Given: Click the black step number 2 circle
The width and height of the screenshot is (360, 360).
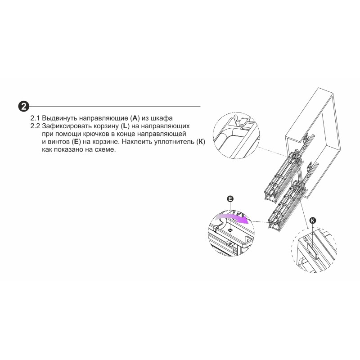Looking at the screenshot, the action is click(24, 107).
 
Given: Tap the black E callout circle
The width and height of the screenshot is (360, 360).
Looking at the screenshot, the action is click(230, 199).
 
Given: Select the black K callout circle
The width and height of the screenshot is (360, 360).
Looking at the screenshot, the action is click(313, 220).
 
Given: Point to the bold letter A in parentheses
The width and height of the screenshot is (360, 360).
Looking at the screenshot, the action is click(135, 118).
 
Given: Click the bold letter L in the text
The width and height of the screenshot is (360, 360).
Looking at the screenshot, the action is click(125, 126).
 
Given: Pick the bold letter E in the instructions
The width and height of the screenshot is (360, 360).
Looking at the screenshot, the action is click(76, 142).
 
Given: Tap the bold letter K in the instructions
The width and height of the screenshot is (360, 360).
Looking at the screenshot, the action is click(201, 142).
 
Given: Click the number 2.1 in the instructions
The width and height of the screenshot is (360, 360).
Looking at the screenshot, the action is click(35, 118).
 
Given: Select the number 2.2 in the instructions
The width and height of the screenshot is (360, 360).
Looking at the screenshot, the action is click(35, 126).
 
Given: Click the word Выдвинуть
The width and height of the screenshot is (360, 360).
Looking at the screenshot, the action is click(59, 118).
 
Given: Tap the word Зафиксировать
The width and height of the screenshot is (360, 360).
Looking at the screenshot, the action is click(67, 126).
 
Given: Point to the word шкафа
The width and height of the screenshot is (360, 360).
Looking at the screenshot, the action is click(162, 118).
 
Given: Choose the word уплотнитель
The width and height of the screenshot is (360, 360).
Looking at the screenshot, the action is click(174, 142).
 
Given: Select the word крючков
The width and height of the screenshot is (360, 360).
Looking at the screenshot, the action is click(97, 134).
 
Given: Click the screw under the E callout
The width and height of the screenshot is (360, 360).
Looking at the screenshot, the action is click(230, 229).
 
